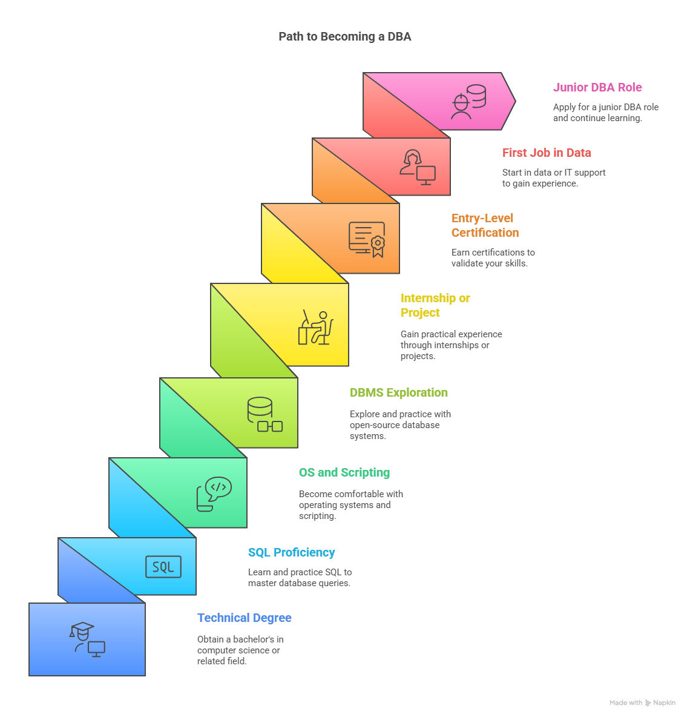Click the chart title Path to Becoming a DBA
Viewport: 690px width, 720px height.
pyautogui.click(x=345, y=37)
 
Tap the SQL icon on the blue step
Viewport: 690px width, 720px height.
pyautogui.click(x=163, y=567)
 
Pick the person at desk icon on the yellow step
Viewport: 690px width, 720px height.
pyautogui.click(x=315, y=327)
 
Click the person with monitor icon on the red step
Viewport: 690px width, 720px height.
pyautogui.click(x=417, y=167)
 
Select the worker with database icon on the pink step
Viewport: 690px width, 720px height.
pyautogui.click(x=468, y=102)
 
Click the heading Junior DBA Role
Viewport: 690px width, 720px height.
pyautogui.click(x=597, y=87)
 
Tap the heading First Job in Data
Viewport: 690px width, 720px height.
pyautogui.click(x=547, y=153)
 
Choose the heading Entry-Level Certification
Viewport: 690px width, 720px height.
pyautogui.click(x=485, y=225)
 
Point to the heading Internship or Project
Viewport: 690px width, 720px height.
pyautogui.click(x=435, y=305)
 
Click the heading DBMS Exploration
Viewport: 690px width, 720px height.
pyautogui.click(x=398, y=392)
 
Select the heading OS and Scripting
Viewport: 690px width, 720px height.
pyautogui.click(x=344, y=472)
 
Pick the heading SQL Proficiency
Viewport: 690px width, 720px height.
pyautogui.click(x=292, y=552)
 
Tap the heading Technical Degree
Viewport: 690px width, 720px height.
pyautogui.click(x=245, y=618)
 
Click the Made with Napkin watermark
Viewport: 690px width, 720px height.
pyautogui.click(x=642, y=702)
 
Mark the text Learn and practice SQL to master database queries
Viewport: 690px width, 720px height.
pyautogui.click(x=300, y=578)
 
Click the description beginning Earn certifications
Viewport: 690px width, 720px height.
pyautogui.click(x=493, y=257)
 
